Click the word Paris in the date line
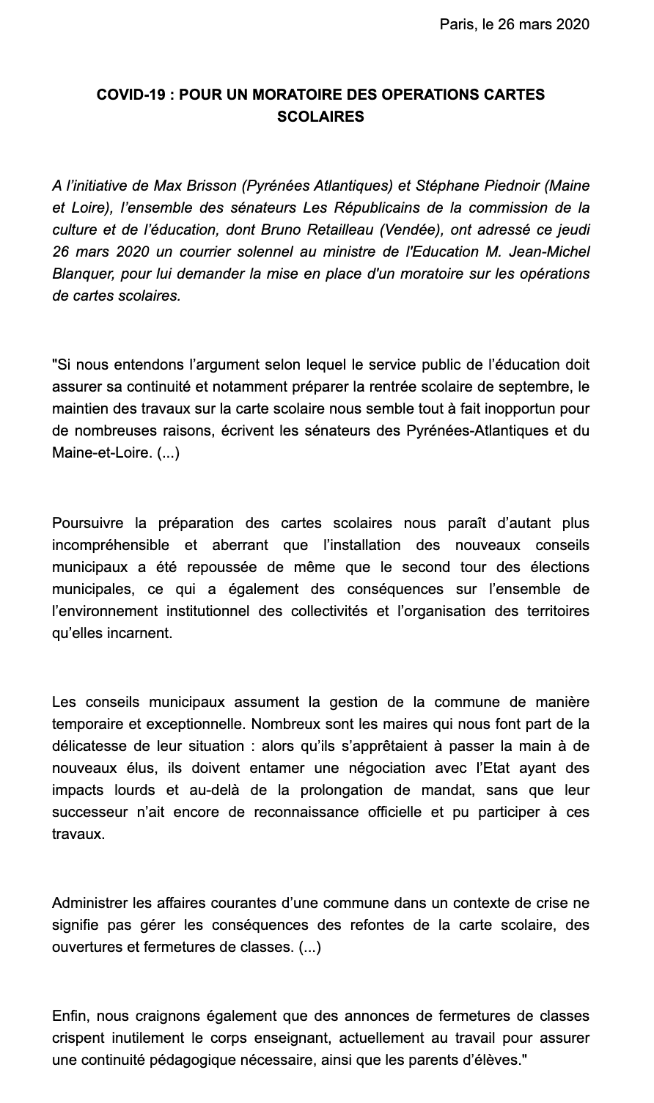tap(455, 25)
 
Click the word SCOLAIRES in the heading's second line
tap(321, 117)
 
